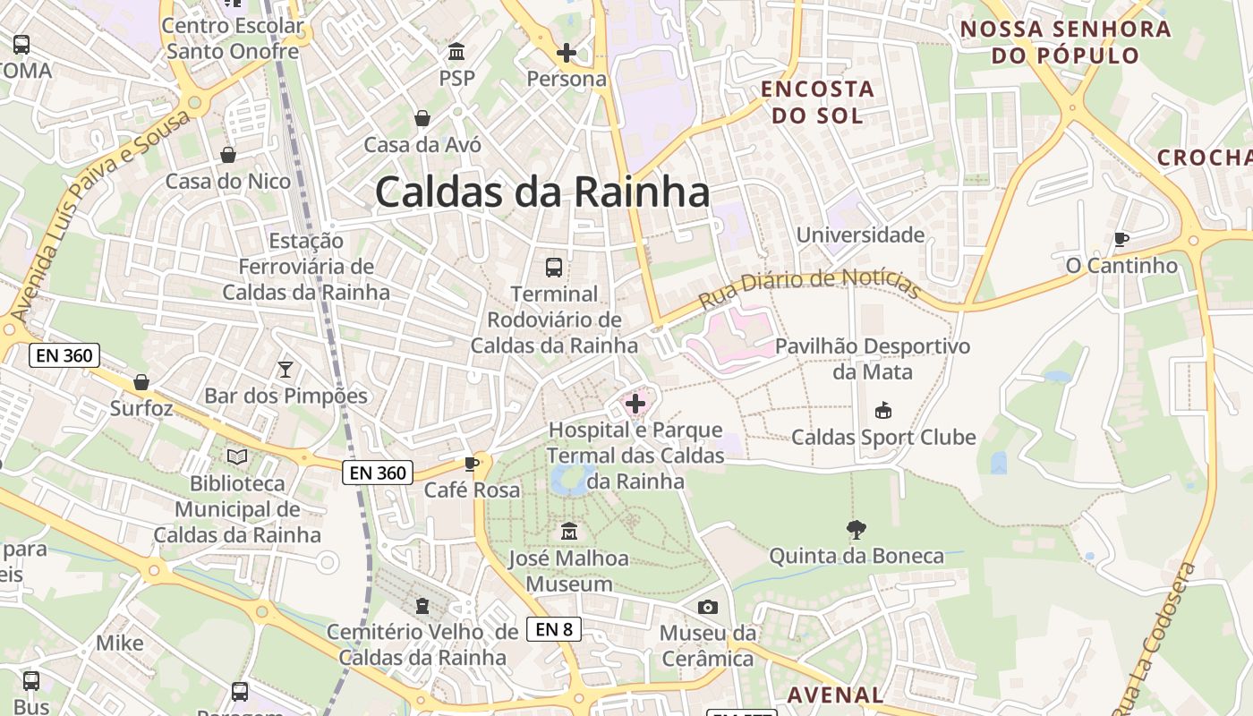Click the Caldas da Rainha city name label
pos(542,192)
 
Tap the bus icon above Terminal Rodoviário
pos(554,267)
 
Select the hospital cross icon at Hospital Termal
pos(635,404)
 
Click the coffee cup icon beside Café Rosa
pos(472,464)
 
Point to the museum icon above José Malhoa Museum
pos(568,532)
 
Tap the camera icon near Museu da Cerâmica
pos(708,608)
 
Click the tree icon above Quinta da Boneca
pos(857,529)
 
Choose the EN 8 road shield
pos(554,629)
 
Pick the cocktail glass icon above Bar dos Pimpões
pos(286,369)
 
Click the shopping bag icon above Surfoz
pos(141,382)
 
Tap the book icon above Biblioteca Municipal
pos(237,457)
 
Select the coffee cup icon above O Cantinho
pos(1121,239)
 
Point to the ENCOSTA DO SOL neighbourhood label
pos(817,102)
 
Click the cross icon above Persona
pos(566,53)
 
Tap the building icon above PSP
pos(456,51)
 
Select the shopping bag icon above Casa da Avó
pos(422,118)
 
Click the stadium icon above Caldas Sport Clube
pos(882,411)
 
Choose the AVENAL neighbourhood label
pos(835,695)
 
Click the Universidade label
pos(860,235)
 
